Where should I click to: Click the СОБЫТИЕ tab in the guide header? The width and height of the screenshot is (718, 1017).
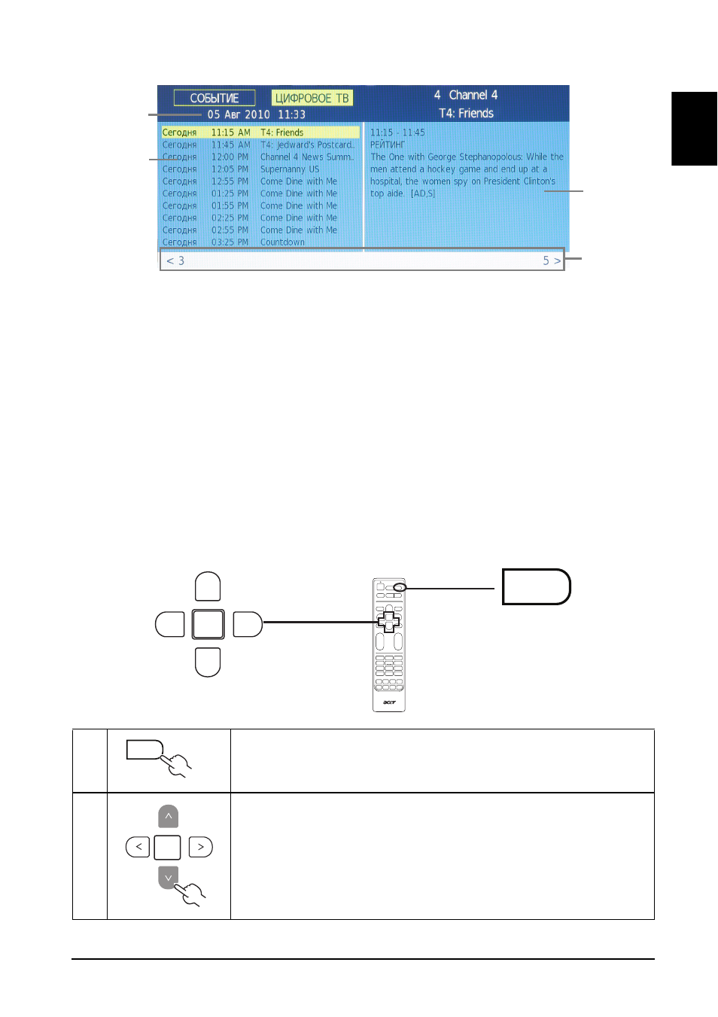pos(214,98)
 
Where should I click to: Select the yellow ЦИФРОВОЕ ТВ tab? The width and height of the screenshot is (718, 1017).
pos(312,98)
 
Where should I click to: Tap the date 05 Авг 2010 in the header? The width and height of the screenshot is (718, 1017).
pos(239,114)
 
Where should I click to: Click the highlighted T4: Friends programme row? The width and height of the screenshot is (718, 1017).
pos(260,132)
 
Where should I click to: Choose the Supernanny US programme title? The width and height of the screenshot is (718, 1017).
pos(290,169)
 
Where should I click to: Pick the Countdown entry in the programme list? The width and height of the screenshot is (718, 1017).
pos(282,242)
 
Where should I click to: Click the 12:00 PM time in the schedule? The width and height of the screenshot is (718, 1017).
pos(230,157)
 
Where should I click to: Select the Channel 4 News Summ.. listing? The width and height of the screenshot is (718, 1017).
pos(307,157)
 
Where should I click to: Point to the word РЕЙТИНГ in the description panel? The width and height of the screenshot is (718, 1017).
pos(387,145)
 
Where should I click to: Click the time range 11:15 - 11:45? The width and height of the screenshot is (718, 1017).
pos(397,132)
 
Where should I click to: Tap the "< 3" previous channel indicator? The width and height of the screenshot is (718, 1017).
pos(175,260)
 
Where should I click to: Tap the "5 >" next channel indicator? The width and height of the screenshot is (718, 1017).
pos(552,260)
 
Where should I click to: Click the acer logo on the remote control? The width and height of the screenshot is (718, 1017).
pos(389,702)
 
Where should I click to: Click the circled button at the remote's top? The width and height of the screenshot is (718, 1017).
pos(400,587)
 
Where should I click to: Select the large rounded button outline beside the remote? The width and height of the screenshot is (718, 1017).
pos(536,586)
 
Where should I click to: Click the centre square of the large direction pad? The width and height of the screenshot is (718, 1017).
pos(208,624)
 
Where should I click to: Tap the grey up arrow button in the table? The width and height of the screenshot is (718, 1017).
pos(169,816)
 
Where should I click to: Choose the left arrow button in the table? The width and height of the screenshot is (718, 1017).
pos(138,847)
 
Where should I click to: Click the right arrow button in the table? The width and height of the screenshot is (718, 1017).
pos(201,847)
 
